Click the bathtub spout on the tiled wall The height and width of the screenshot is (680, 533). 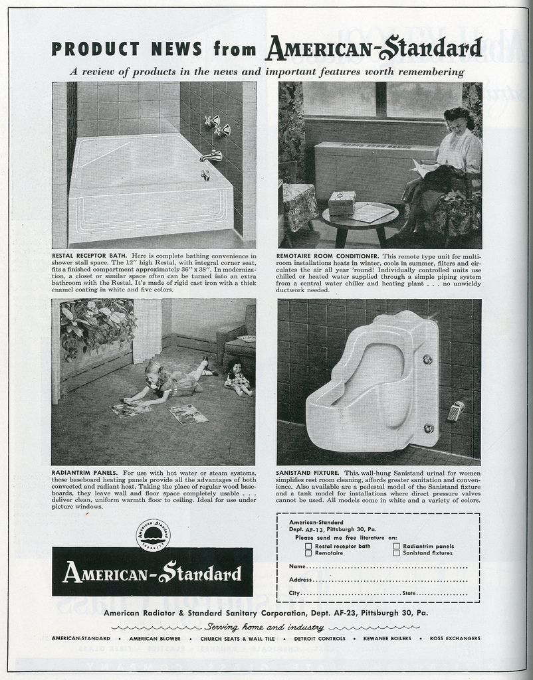[x=211, y=157]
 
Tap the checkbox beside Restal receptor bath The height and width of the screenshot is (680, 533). [x=308, y=546]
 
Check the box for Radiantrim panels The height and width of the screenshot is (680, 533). [x=397, y=546]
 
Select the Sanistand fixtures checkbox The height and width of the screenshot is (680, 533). [x=397, y=552]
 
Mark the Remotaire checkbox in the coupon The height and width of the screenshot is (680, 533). [x=308, y=552]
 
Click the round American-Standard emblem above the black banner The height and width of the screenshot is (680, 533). [x=153, y=535]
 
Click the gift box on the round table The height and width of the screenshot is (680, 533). [x=342, y=203]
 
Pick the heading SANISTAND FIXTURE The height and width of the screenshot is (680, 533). [x=307, y=472]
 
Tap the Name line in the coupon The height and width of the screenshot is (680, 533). [x=379, y=566]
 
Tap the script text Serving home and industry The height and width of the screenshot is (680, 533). [x=265, y=627]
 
